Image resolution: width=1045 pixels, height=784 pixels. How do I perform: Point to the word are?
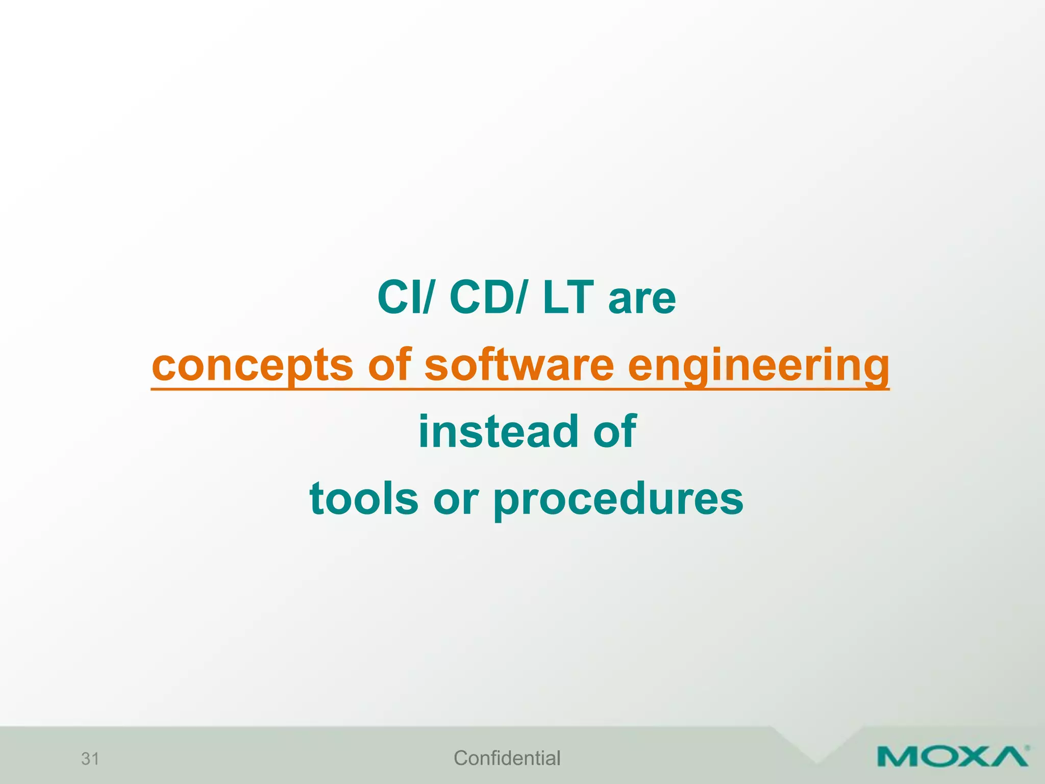[x=642, y=300]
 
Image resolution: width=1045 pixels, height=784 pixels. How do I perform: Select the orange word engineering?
[x=758, y=366]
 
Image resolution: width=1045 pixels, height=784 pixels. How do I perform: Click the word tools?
[x=364, y=499]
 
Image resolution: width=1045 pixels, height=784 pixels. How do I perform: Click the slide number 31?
[x=90, y=758]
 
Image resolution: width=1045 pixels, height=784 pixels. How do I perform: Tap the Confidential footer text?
[x=507, y=758]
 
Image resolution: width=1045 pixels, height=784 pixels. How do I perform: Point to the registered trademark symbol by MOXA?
[x=1027, y=748]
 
